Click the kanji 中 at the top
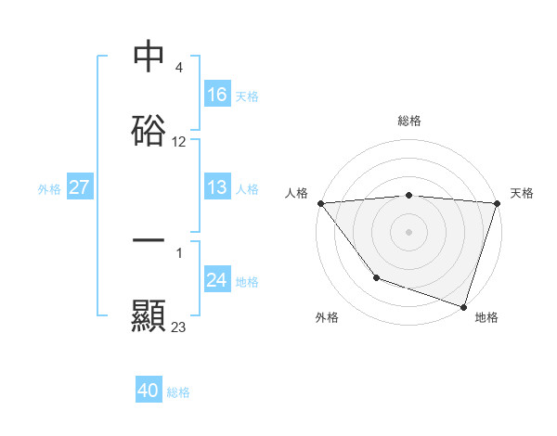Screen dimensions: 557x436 [x=149, y=56]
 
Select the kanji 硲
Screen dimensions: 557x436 [x=149, y=130]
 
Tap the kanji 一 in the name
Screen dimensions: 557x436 [x=149, y=240]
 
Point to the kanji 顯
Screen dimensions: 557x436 [x=149, y=315]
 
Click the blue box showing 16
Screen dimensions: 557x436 [x=217, y=95]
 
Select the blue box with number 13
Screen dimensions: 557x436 [x=217, y=188]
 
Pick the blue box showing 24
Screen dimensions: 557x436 [x=217, y=280]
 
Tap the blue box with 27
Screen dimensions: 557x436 [x=79, y=188]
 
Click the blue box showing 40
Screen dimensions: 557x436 [x=149, y=391]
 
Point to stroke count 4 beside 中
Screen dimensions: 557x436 [x=178, y=69]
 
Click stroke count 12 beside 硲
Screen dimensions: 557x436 [x=179, y=143]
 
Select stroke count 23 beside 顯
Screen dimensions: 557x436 [x=179, y=327]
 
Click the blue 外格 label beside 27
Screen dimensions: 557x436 [x=49, y=189]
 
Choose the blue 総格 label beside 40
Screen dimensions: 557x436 [x=178, y=392]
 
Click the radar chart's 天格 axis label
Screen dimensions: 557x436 [x=522, y=193]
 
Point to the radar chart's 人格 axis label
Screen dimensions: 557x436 [x=296, y=193]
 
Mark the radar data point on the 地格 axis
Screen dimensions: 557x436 [x=463, y=306]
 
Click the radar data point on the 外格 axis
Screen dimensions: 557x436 [x=376, y=276]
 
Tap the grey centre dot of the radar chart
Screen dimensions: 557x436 [x=408, y=231]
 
